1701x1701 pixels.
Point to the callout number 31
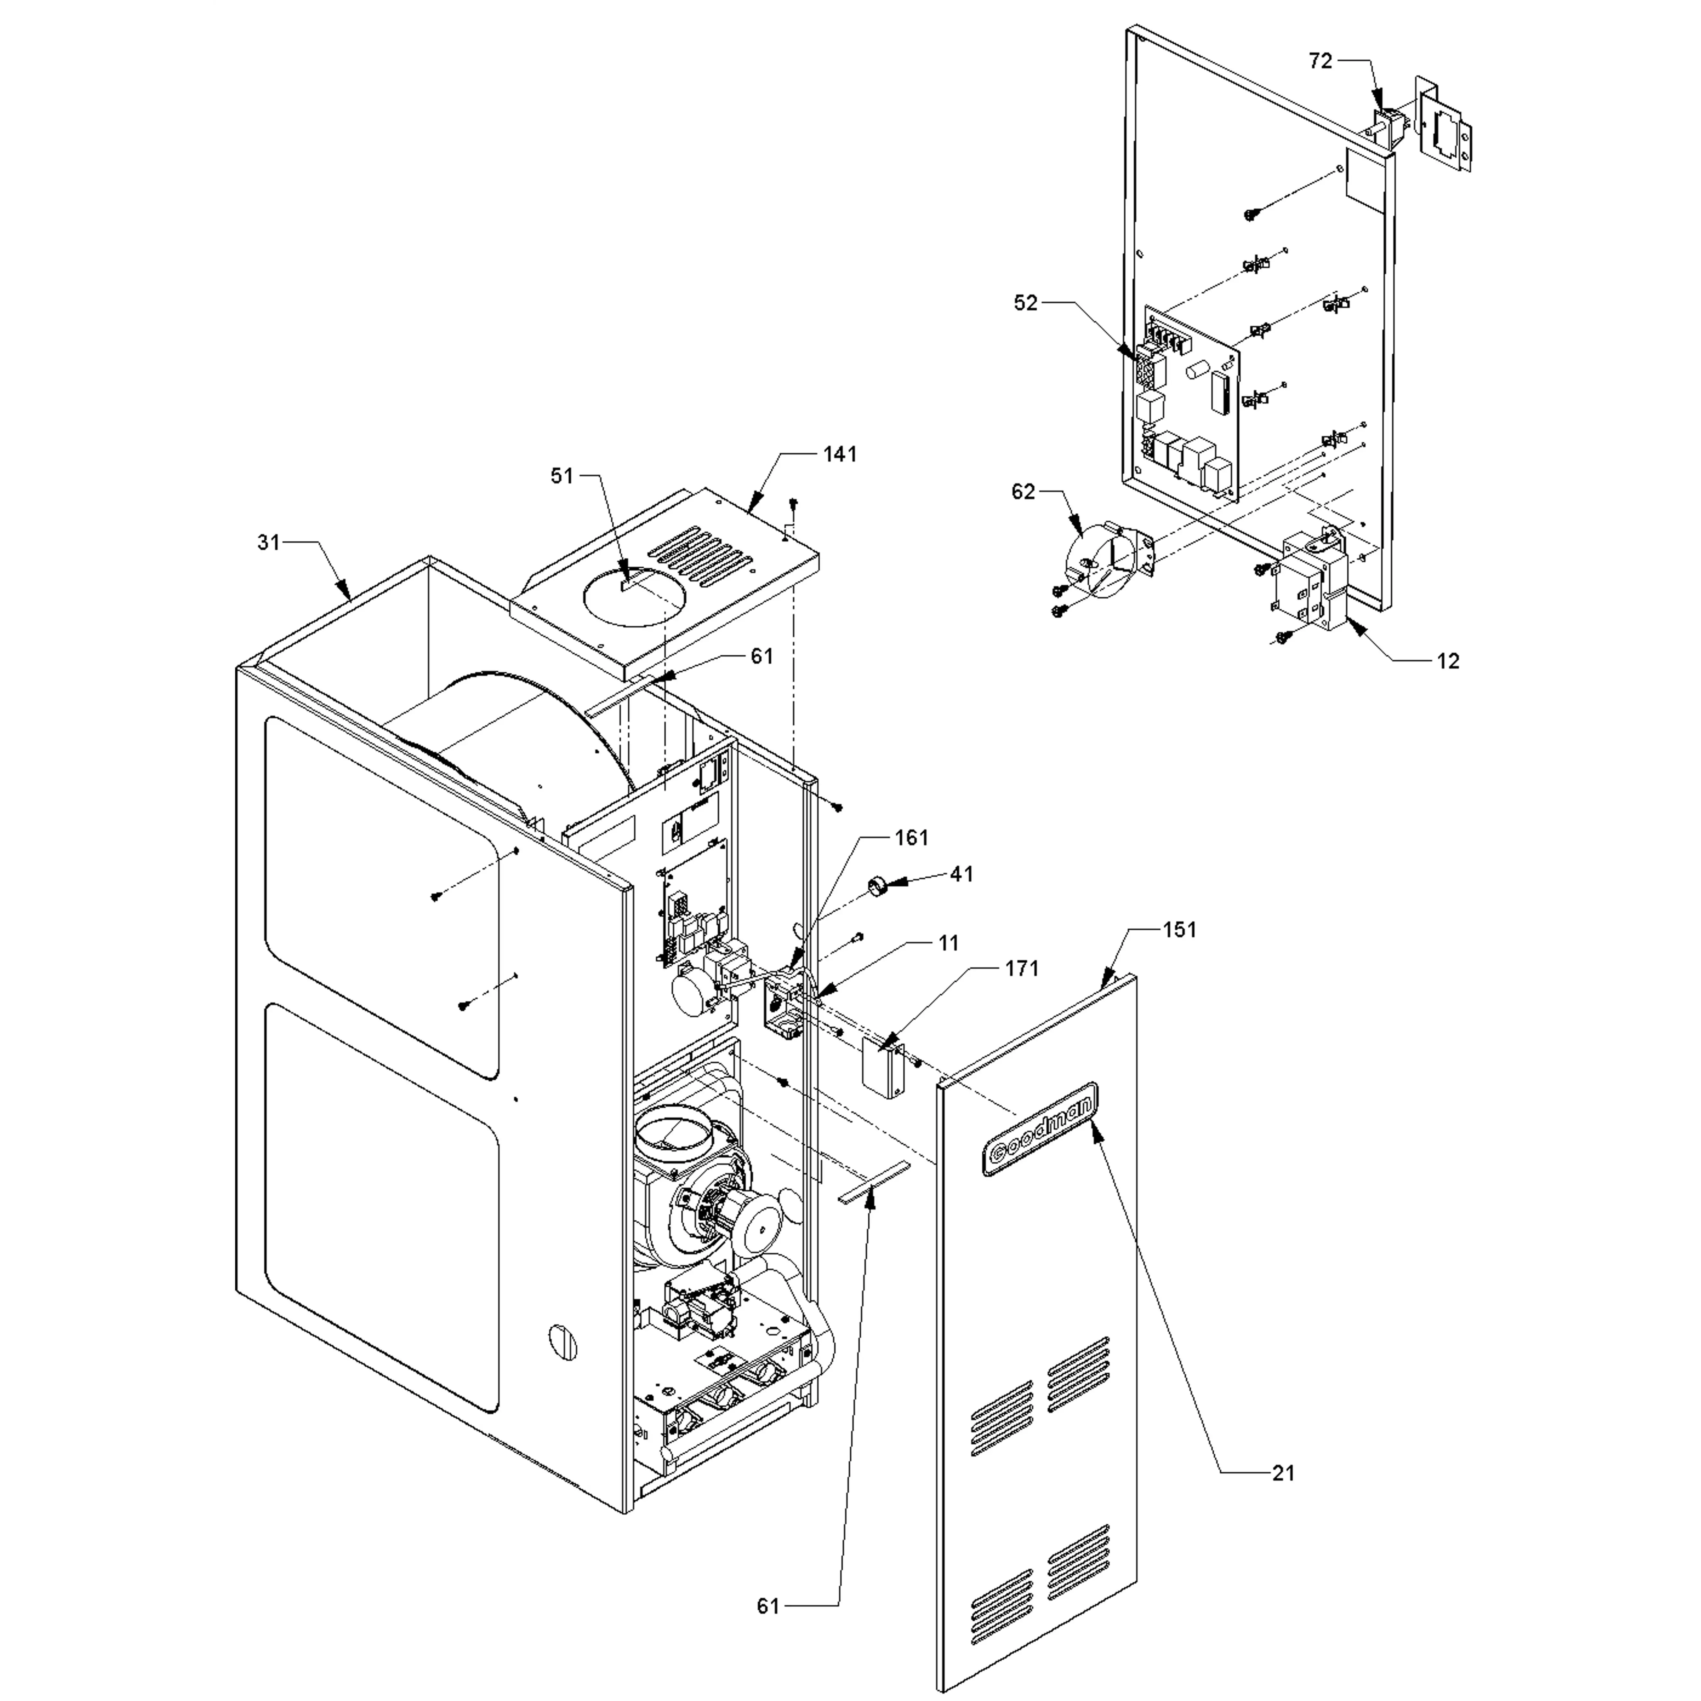(x=269, y=542)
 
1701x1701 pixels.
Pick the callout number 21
(x=1284, y=1472)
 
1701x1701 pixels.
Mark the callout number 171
(x=1022, y=969)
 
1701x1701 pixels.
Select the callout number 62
(x=1023, y=491)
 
